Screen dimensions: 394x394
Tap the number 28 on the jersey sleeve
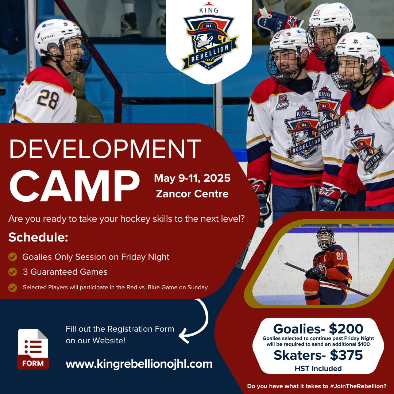point(48,100)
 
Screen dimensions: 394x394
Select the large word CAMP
point(75,186)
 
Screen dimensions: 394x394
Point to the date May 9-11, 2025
point(192,178)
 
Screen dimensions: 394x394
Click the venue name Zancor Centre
point(192,194)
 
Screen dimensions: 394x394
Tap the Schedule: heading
point(38,237)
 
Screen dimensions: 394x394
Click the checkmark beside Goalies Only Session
point(12,257)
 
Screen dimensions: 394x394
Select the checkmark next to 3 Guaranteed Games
point(12,272)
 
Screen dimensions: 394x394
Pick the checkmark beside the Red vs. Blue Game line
point(12,287)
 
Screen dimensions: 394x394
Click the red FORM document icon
point(33,349)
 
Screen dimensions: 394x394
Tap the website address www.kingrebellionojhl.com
point(139,364)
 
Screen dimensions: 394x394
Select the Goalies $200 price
point(318,329)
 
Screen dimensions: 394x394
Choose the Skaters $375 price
point(318,355)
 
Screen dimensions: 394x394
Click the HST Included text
point(318,368)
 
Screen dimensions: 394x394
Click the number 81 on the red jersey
point(340,256)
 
